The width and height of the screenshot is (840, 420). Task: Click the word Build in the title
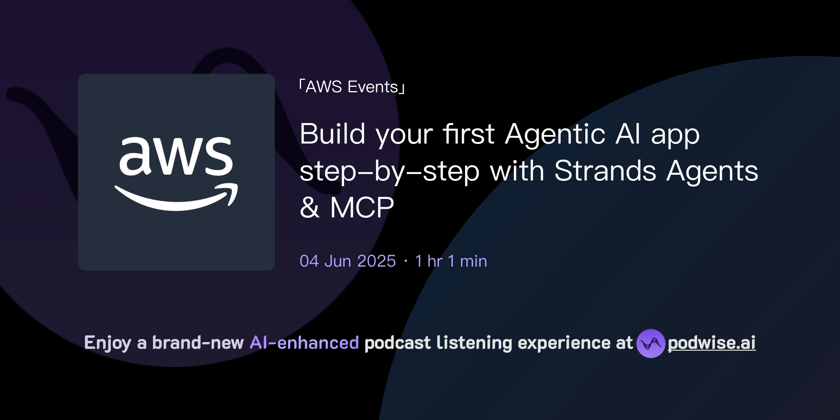point(332,134)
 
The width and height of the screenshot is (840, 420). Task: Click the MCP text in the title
point(362,208)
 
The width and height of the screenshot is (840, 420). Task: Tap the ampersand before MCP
point(310,208)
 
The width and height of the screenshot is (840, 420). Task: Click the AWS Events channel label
point(352,87)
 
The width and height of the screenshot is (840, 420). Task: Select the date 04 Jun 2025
point(347,261)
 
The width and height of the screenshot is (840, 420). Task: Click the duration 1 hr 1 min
point(451,261)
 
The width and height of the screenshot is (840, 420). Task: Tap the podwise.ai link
point(711,343)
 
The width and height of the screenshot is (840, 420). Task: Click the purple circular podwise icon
point(651,343)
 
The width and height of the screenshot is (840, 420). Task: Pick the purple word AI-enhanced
point(304,343)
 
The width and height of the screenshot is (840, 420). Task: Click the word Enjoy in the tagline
point(107,343)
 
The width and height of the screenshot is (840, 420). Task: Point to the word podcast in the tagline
point(397,343)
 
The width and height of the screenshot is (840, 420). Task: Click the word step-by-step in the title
point(389,171)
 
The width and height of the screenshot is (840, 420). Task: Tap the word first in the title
point(468,134)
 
